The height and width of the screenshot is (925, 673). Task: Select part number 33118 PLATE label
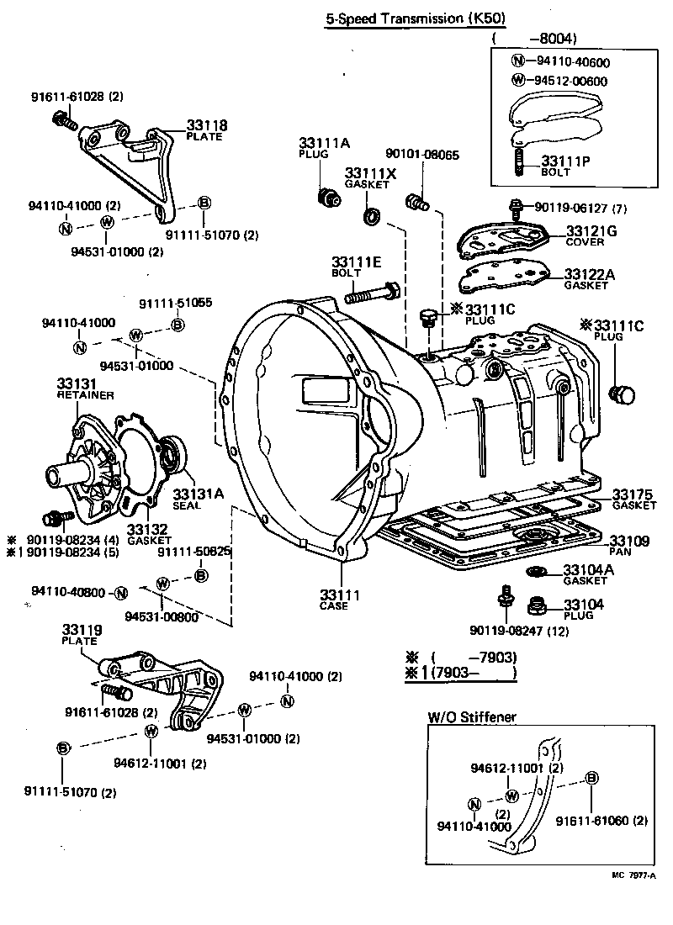(x=206, y=129)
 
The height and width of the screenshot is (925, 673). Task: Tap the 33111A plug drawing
(x=328, y=199)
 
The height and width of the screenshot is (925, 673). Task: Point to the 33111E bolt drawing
(x=370, y=294)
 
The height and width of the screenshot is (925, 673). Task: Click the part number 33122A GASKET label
(x=588, y=278)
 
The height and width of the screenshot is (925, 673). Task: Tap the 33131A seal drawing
(x=173, y=455)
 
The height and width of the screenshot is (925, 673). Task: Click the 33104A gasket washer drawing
(x=535, y=573)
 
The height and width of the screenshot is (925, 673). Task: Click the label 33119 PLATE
(x=81, y=633)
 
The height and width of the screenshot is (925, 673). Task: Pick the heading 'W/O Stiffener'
(x=472, y=717)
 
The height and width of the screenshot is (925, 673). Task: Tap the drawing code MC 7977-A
(x=636, y=875)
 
